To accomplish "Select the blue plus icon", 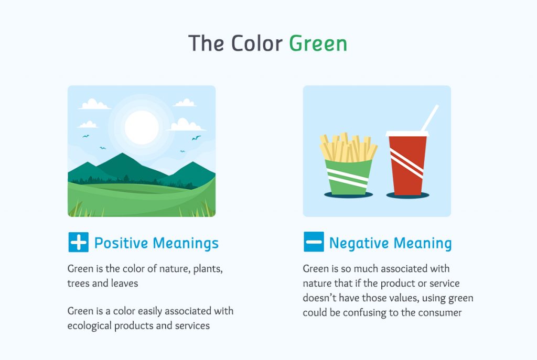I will [78, 243].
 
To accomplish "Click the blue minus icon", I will [314, 243].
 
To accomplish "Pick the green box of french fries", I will [348, 176].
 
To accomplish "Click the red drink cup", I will [407, 165].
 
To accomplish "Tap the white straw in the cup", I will [429, 118].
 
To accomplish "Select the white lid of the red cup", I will [407, 134].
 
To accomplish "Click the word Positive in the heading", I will [122, 243].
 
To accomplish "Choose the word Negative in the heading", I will [359, 243].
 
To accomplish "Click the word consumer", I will [438, 313].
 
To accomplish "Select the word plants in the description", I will [208, 269].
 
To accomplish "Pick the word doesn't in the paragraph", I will [321, 298].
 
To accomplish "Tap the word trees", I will [79, 283].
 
